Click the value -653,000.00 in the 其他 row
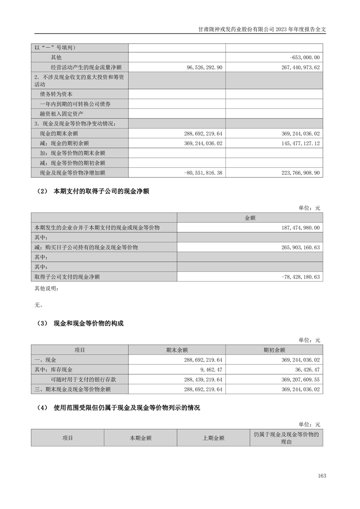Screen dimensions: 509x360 pyautogui.click(x=305, y=58)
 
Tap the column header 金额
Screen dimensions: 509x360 pyautogui.click(x=250, y=218)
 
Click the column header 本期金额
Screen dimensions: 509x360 pyautogui.click(x=140, y=438)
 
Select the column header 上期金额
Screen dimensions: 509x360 pyautogui.click(x=213, y=438)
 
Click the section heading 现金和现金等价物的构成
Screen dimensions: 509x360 pyautogui.click(x=89, y=323)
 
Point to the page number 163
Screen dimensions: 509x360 pyautogui.click(x=322, y=475)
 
